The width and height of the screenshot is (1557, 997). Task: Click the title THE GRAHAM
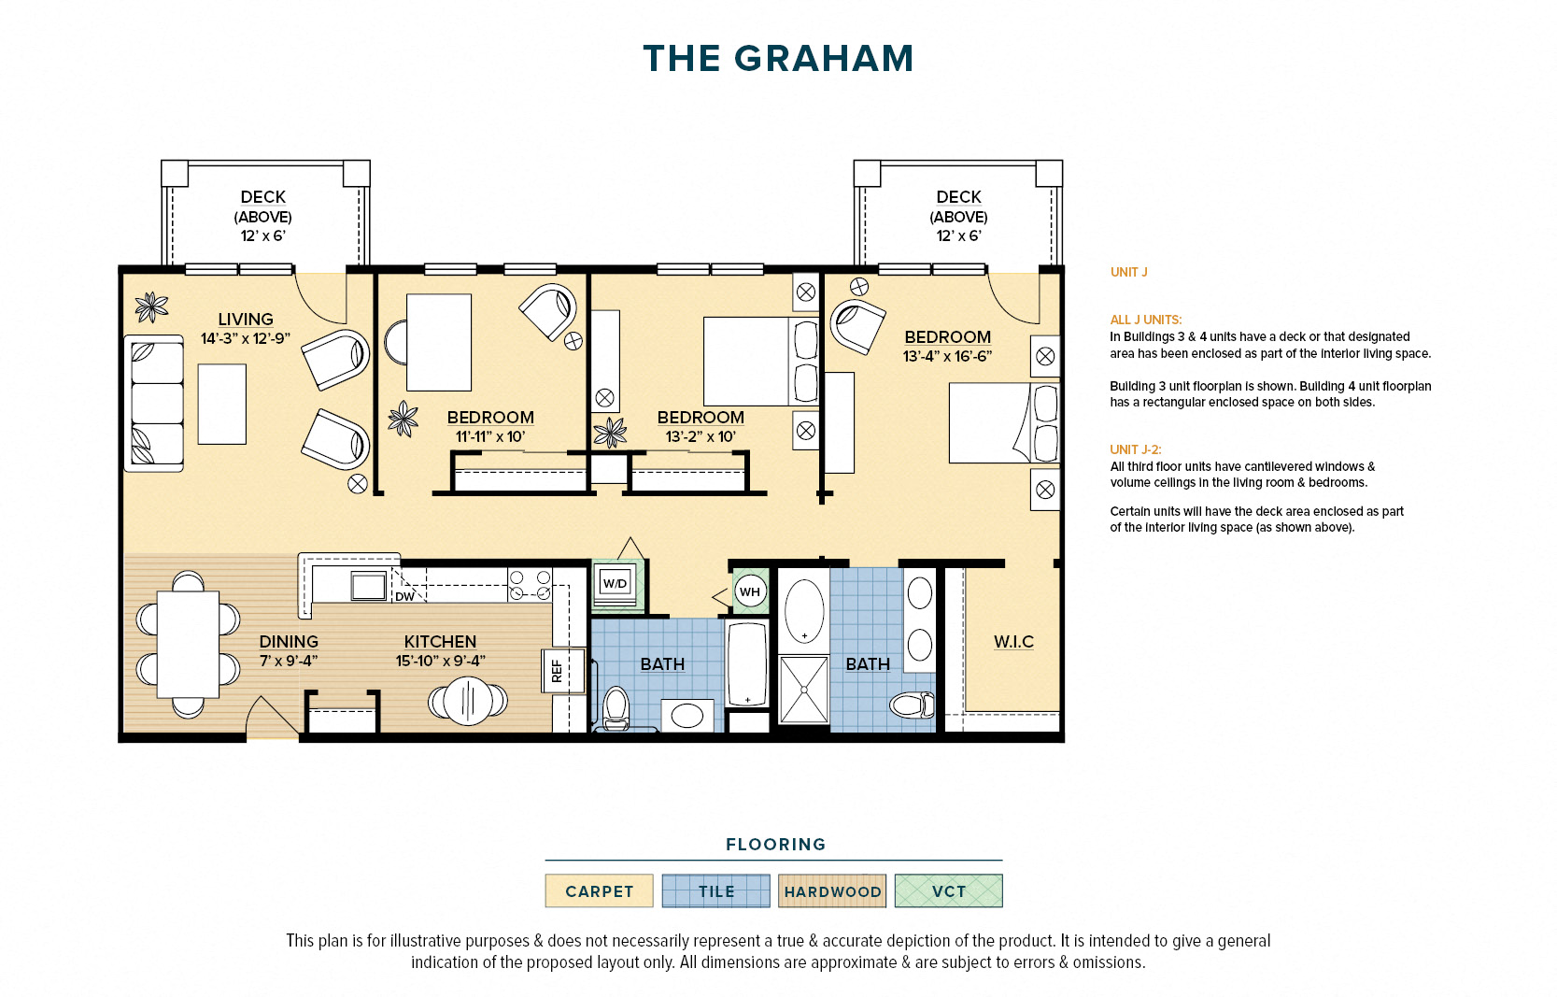click(777, 59)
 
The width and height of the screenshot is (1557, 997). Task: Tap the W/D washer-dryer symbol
click(615, 583)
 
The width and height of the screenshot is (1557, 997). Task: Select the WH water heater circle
click(749, 591)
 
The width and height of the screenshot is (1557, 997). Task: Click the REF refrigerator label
click(557, 670)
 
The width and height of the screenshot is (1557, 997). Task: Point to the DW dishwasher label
click(404, 596)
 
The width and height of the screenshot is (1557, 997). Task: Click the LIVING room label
click(246, 320)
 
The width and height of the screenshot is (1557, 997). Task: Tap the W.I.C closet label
click(1013, 642)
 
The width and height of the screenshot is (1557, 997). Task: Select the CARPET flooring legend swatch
click(599, 891)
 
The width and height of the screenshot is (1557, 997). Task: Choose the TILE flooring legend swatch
click(715, 891)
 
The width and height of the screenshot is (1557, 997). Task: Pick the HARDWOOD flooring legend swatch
click(832, 891)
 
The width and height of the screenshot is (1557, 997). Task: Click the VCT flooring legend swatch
click(948, 891)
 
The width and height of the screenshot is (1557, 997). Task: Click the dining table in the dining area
click(188, 645)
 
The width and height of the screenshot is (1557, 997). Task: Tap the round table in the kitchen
click(467, 700)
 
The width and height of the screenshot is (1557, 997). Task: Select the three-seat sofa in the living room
click(154, 403)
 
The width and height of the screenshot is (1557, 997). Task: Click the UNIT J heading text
click(1128, 272)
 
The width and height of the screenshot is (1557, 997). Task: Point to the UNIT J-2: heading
click(1135, 449)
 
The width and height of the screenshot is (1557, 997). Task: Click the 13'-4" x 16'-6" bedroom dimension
click(947, 356)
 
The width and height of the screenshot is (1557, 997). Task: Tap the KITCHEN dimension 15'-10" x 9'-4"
click(440, 661)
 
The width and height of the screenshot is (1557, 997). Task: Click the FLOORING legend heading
click(775, 845)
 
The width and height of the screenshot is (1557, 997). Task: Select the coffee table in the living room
click(222, 404)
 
